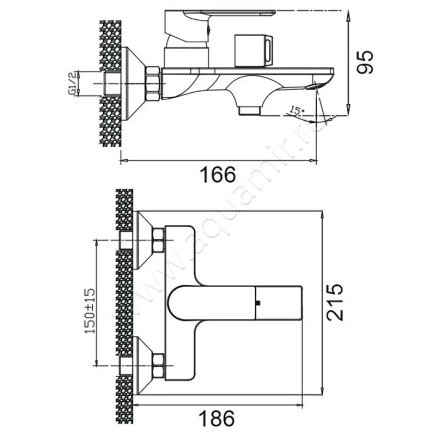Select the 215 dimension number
pos(336,302)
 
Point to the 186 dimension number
pos(219,418)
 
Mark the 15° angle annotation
pos(297,111)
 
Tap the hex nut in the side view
pos(153,83)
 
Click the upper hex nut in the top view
pos(159,240)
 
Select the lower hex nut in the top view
pos(159,365)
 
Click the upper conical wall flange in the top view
pos(143,240)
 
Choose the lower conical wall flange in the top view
pos(143,365)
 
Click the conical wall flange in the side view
pos(132,83)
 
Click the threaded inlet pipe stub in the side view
pos(112,83)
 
